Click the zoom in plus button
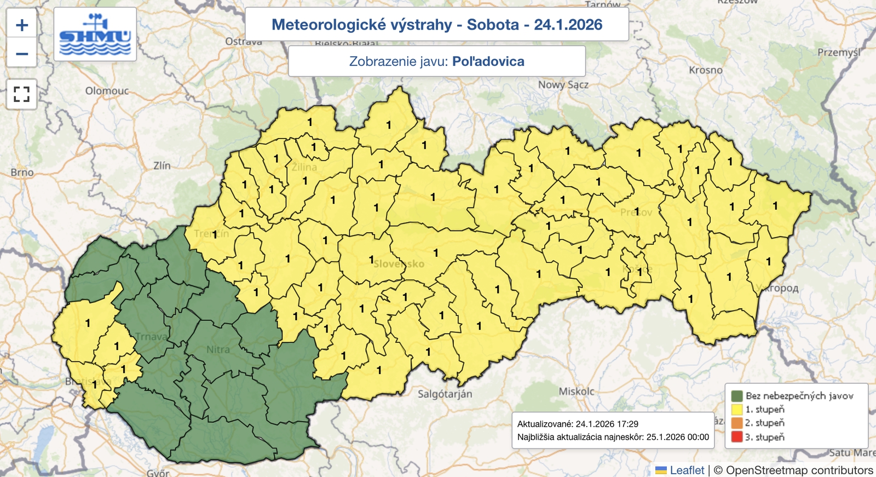[x=22, y=25]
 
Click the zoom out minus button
[x=22, y=54]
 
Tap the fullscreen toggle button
[x=21, y=94]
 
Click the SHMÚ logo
[x=95, y=35]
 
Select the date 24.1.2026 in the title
[x=568, y=25]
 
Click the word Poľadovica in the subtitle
[x=488, y=61]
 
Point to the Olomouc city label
[x=107, y=91]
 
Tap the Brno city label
[x=22, y=173]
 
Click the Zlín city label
[x=162, y=165]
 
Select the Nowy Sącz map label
[x=563, y=85]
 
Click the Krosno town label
[x=705, y=70]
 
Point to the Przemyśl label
[x=838, y=53]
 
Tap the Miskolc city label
[x=576, y=392]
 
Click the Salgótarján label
[x=445, y=394]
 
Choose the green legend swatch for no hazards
[x=736, y=395]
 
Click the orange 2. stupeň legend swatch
[x=736, y=423]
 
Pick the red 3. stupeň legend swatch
[x=736, y=437]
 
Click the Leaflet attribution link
[x=687, y=470]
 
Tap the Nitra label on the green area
[x=218, y=349]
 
